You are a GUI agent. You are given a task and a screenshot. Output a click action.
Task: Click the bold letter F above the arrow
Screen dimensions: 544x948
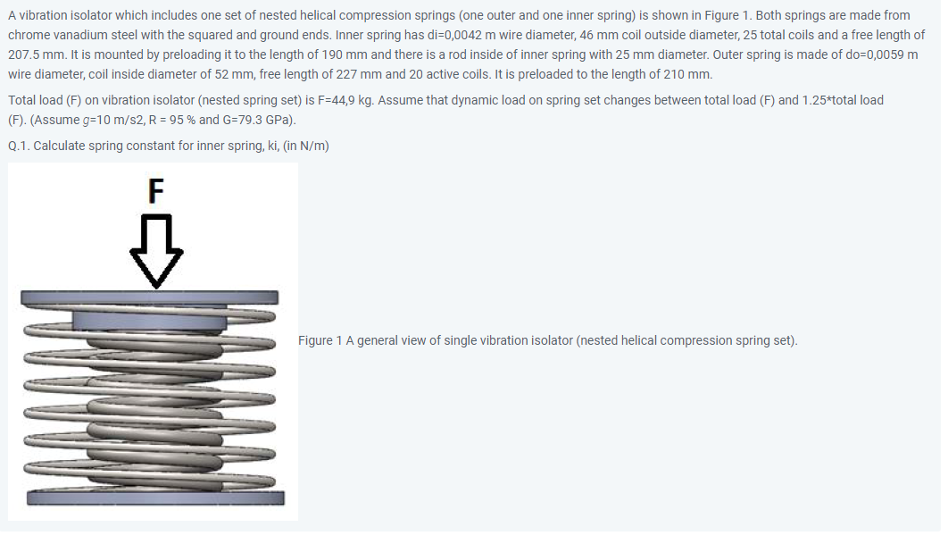(x=155, y=189)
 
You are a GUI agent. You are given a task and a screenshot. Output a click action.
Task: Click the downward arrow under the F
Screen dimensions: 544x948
(x=156, y=249)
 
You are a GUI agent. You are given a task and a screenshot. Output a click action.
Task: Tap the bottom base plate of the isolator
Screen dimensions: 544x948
(x=155, y=498)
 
